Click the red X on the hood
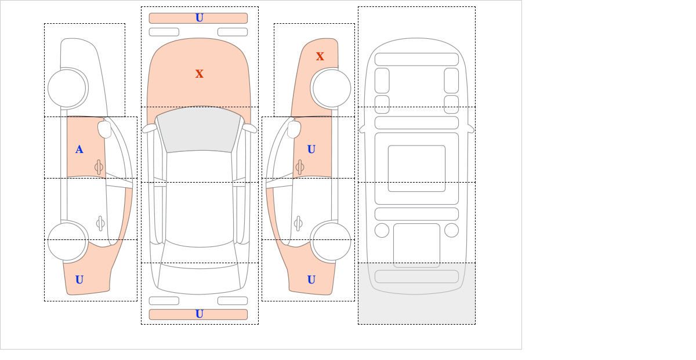point(200,74)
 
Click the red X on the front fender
point(320,57)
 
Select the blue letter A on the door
point(79,150)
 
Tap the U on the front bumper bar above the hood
point(200,18)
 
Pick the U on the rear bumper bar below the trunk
point(200,314)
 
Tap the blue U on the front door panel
point(311,150)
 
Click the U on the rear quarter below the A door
point(79,280)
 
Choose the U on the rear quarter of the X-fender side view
point(311,280)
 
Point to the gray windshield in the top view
point(199,129)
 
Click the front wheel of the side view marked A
point(67,88)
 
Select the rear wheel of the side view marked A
point(67,241)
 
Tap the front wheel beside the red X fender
point(332,88)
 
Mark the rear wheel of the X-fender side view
point(332,241)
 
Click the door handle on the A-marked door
point(99,168)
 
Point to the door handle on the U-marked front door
point(300,168)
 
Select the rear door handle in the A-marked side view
point(100,223)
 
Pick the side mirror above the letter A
point(104,129)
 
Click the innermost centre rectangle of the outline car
point(416,168)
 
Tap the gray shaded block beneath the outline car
point(416,293)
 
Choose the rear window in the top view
point(199,277)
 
